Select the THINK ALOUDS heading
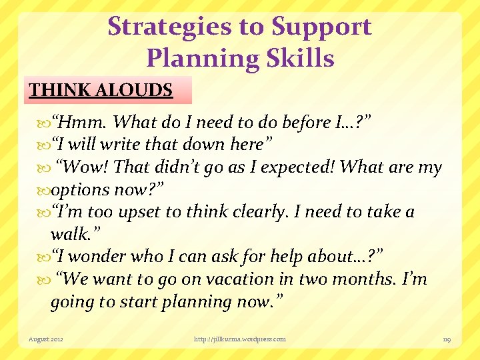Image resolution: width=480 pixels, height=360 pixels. tap(101, 90)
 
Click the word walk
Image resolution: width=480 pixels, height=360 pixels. tap(68, 235)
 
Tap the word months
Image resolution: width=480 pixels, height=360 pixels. tap(366, 279)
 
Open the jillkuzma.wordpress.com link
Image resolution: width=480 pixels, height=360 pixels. tap(239, 339)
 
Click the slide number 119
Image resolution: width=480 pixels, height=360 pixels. tap(447, 339)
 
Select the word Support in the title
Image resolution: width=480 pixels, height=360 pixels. tap(321, 27)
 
